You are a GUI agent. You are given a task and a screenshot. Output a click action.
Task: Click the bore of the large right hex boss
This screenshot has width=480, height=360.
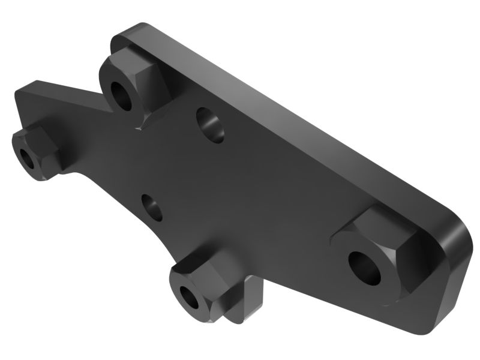point(365,266)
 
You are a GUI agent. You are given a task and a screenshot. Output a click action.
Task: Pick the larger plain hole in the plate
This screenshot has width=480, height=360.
point(210,125)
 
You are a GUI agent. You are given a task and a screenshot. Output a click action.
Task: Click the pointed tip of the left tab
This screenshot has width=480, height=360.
point(18,93)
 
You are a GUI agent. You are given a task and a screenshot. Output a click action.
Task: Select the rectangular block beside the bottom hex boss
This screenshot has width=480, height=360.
point(252,297)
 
